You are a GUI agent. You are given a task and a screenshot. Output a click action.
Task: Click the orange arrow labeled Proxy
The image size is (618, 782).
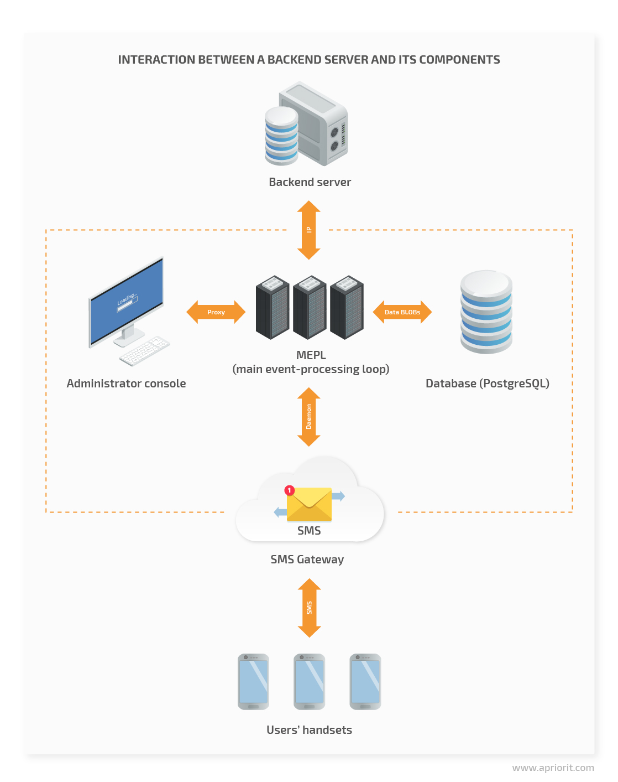click(216, 312)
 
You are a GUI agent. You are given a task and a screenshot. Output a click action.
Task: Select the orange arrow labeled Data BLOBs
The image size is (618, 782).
click(402, 312)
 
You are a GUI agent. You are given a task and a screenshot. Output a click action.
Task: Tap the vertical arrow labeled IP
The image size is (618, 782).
click(309, 230)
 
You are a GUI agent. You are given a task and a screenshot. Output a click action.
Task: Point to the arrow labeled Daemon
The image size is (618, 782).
click(309, 417)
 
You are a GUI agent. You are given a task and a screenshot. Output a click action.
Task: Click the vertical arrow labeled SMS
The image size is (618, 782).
click(310, 608)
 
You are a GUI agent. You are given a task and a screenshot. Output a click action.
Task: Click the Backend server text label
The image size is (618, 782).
click(310, 182)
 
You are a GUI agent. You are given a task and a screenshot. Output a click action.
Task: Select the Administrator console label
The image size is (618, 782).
click(126, 384)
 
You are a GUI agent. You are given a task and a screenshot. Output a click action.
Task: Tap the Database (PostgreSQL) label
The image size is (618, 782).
click(487, 384)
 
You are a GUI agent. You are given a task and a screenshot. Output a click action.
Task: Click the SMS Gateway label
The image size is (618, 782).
click(307, 560)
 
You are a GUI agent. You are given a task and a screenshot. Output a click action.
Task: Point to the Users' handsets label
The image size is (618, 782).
click(309, 730)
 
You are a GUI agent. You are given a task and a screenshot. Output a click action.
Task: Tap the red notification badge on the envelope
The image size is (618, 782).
click(289, 490)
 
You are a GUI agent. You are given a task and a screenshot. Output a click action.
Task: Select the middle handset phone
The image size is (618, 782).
click(310, 682)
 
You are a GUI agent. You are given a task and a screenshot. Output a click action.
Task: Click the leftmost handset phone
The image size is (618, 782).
click(253, 682)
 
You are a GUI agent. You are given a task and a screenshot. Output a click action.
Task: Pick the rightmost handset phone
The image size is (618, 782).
click(365, 682)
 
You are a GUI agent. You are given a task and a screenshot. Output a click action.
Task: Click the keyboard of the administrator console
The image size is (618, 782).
click(145, 350)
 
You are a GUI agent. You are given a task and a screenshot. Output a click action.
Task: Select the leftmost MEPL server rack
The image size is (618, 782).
click(273, 308)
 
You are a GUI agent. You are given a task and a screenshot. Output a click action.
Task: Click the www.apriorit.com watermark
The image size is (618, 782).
click(553, 768)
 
